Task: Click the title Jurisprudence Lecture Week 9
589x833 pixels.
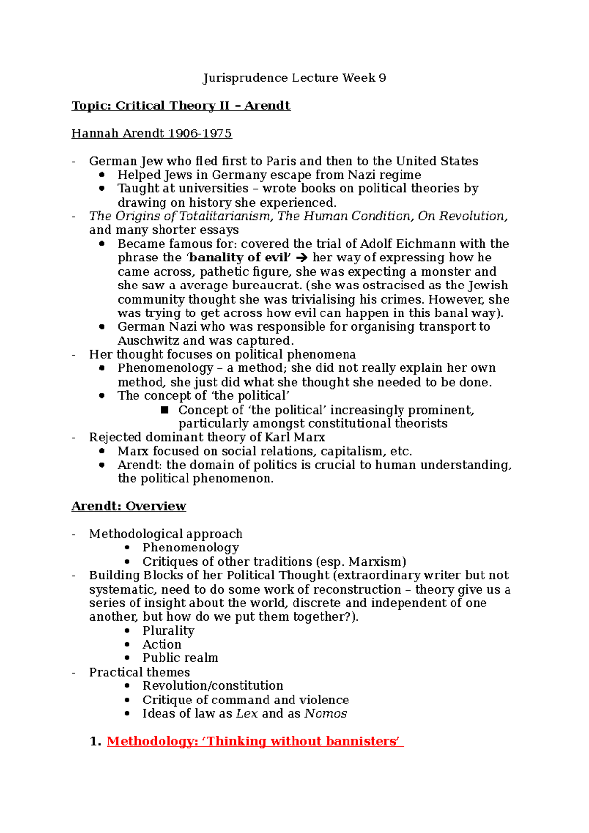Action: point(294,78)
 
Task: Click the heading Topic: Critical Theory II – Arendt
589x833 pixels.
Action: point(181,106)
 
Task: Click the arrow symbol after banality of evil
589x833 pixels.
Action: point(302,258)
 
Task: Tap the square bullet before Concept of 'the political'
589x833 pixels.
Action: point(165,410)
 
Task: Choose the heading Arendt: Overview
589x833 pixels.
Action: point(129,506)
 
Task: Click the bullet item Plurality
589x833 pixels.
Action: point(168,630)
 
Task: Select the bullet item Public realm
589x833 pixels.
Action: point(180,658)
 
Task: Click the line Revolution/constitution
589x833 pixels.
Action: point(213,685)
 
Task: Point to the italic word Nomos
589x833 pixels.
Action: point(325,713)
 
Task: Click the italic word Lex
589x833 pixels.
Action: point(246,713)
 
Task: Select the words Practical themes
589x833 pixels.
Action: point(139,672)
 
